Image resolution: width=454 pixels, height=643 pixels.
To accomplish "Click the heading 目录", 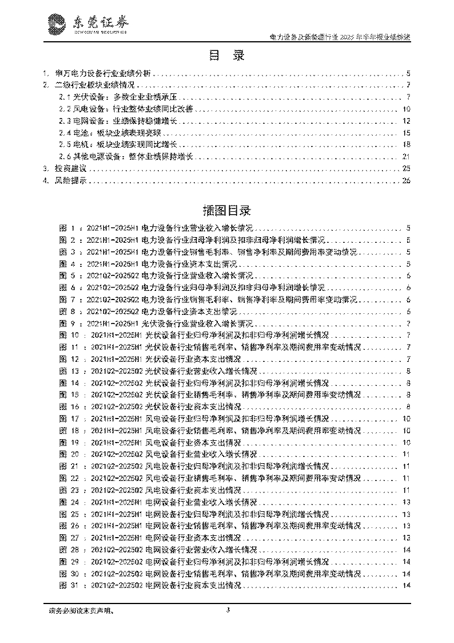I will tap(226, 56).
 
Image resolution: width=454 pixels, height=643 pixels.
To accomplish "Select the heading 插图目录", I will tap(226, 209).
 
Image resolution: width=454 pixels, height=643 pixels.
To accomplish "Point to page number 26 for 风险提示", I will tap(407, 181).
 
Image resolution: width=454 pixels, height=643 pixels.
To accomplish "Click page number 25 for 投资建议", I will tap(407, 169).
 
